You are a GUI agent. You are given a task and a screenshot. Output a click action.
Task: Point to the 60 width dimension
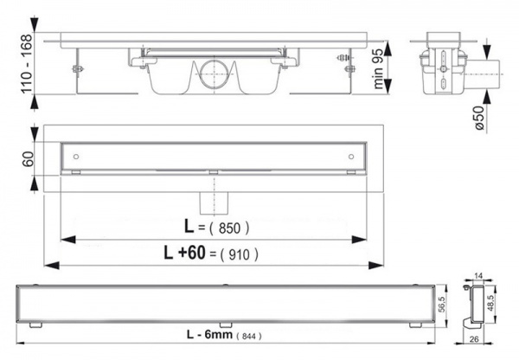click(28, 158)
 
